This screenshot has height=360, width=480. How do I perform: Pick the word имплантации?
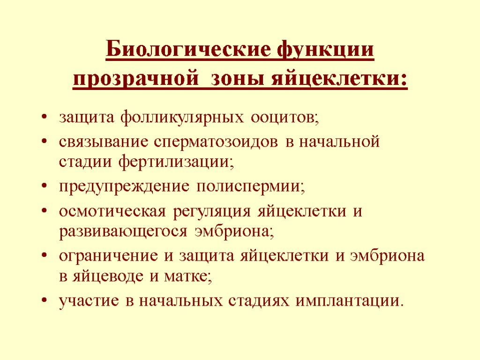[349, 301]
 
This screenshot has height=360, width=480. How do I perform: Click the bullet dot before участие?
[44, 301]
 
